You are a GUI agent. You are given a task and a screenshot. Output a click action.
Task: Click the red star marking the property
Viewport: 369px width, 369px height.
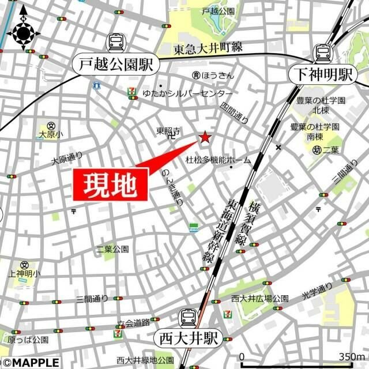click(x=205, y=138)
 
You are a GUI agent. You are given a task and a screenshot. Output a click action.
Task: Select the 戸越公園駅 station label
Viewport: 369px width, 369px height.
click(x=116, y=64)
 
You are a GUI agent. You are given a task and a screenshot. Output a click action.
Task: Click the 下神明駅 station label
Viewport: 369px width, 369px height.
click(x=321, y=74)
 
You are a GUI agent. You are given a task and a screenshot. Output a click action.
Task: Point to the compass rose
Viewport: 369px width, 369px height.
click(x=23, y=33)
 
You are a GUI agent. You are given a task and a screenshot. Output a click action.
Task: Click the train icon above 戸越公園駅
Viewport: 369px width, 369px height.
click(x=116, y=42)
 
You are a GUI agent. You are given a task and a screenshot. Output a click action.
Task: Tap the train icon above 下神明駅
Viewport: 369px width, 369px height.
click(x=321, y=52)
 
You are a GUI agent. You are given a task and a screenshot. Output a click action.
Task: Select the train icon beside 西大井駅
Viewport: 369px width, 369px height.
click(x=188, y=317)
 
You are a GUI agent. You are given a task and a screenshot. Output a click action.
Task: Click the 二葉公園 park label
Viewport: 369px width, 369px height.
click(x=112, y=249)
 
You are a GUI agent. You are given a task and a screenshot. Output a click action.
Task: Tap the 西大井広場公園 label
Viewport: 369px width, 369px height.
click(x=259, y=298)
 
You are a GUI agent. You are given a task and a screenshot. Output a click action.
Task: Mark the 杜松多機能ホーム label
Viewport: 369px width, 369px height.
click(x=218, y=160)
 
